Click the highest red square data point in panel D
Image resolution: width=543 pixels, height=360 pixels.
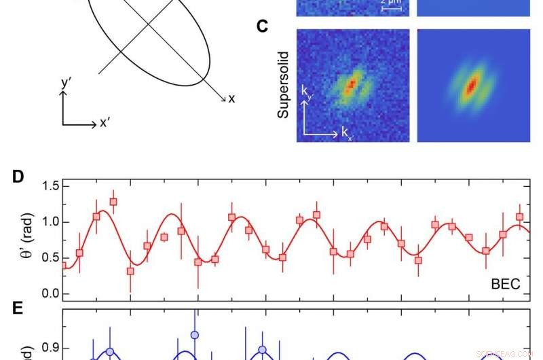coord(113,202)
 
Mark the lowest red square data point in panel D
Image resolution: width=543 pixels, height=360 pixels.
coord(130,271)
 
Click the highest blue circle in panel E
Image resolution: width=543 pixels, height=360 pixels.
coord(195,335)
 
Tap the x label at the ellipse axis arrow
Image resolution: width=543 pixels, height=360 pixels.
coord(231,99)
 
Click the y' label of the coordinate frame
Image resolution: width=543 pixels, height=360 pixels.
coord(66,84)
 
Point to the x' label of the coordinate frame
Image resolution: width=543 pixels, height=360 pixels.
coord(106,123)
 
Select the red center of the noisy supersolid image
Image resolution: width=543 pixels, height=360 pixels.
coord(351,86)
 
